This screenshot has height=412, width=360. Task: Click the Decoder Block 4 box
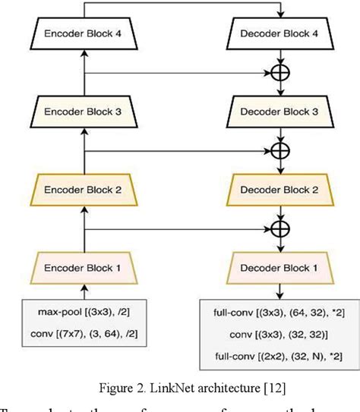(x=281, y=33)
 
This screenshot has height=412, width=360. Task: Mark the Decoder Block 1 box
(x=281, y=268)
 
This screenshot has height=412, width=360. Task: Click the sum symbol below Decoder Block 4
(x=281, y=74)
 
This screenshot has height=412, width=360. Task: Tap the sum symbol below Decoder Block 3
(x=281, y=150)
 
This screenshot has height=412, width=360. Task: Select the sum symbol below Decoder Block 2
(x=281, y=227)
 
